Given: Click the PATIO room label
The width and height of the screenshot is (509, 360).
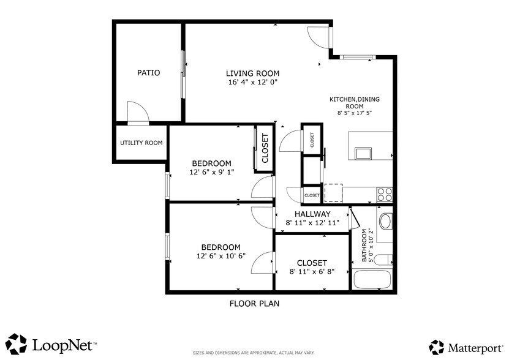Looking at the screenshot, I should click(x=148, y=73).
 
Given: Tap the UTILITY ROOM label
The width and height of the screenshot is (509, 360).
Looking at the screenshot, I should click(x=141, y=143).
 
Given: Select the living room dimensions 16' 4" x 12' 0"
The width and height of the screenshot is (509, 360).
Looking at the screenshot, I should click(x=253, y=82).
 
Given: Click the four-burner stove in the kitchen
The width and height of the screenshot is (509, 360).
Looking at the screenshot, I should click(x=384, y=194).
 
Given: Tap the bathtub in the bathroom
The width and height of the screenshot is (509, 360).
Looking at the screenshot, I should click(x=372, y=279).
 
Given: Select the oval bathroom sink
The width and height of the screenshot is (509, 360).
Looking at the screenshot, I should click(x=385, y=220).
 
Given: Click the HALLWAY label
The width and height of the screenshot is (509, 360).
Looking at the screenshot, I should click(x=312, y=214).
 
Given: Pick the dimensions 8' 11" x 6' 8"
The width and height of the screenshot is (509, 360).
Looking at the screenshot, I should click(x=312, y=271).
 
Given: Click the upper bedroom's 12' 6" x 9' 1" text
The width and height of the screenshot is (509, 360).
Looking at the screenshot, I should click(x=211, y=173).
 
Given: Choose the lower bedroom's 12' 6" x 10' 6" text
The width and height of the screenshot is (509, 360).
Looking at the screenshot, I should click(x=221, y=256).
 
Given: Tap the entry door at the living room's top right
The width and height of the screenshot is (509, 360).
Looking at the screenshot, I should click(x=319, y=37).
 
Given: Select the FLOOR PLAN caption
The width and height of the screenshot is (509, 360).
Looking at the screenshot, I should click(x=255, y=303).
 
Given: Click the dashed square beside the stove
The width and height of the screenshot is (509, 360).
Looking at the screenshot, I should click(x=333, y=192).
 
